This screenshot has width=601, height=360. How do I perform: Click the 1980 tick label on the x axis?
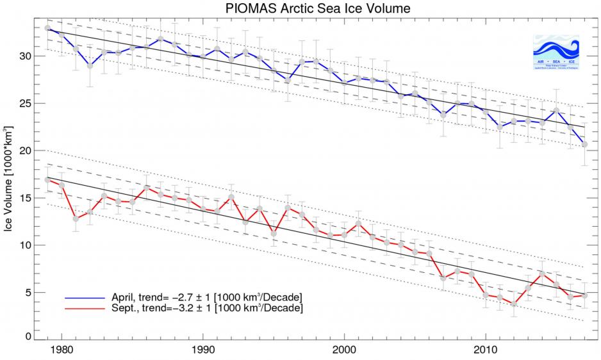tap(62, 352)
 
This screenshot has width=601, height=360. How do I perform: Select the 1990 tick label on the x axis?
tap(203, 352)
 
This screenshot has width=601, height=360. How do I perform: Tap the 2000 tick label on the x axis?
tap(345, 352)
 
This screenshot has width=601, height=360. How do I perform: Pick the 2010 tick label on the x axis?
tap(486, 352)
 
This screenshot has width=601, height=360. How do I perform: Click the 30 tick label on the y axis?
tap(26, 56)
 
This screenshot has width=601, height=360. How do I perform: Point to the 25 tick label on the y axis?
tap(26, 103)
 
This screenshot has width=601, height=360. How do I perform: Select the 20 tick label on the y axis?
tap(26, 151)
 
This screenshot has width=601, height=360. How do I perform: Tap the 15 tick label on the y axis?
tap(26, 198)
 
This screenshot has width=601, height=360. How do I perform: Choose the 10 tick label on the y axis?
tap(26, 245)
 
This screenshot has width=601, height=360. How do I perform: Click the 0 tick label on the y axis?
tap(28, 336)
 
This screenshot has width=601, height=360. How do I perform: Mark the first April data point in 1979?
tap(47, 28)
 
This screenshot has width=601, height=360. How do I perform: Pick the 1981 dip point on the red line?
tap(76, 218)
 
